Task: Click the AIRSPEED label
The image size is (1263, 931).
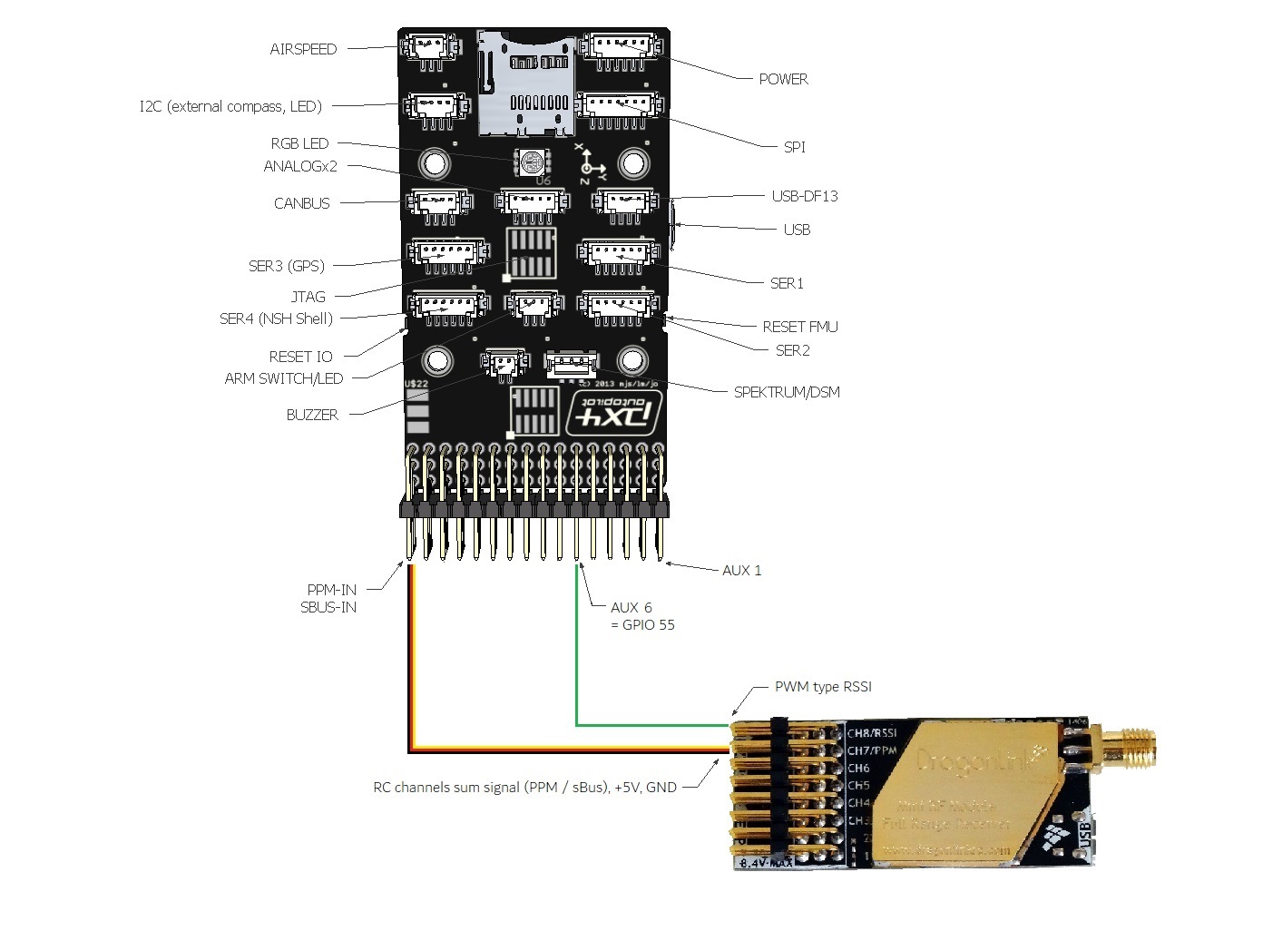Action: tap(303, 49)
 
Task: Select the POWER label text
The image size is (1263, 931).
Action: tap(783, 79)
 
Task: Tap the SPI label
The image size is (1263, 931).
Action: tap(794, 146)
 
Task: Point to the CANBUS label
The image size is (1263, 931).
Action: tap(301, 203)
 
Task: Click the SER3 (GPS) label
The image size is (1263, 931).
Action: tap(286, 266)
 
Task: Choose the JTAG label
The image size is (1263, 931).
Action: tap(308, 297)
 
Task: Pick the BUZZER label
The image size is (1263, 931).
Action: tap(312, 415)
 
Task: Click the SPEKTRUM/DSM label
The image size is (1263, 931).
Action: tap(787, 392)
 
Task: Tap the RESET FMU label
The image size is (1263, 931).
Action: tap(799, 327)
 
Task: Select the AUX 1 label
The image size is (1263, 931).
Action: tap(741, 570)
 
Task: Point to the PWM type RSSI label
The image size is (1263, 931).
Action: tap(823, 687)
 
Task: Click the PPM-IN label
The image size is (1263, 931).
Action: tap(331, 590)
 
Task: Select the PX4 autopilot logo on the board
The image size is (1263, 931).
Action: tap(613, 413)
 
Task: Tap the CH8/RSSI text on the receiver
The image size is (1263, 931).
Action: tap(872, 733)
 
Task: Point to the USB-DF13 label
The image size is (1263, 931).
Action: tap(804, 196)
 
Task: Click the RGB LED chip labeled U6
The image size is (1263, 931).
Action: tap(532, 162)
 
